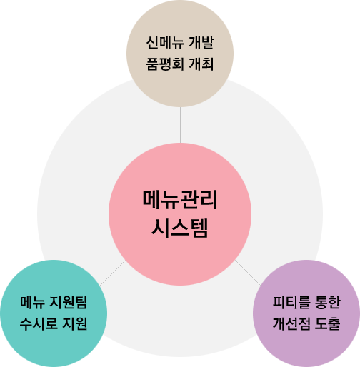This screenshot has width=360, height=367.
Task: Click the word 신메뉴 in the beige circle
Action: (x=165, y=43)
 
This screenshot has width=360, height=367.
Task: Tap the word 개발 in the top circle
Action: (x=201, y=43)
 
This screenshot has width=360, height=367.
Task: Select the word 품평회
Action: (x=165, y=64)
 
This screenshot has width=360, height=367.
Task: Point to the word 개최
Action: (x=201, y=64)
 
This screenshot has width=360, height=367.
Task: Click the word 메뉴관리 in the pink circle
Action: (x=180, y=200)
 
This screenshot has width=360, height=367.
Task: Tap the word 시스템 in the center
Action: (x=180, y=228)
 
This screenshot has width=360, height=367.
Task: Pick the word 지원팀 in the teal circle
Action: (x=69, y=302)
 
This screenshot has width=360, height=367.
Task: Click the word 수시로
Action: (x=39, y=323)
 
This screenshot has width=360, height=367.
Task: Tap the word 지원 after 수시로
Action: (x=75, y=323)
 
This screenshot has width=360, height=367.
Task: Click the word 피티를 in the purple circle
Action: (x=291, y=302)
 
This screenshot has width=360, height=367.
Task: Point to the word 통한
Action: (x=328, y=302)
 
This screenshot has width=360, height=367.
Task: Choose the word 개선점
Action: (x=291, y=323)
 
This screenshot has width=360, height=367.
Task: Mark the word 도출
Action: (x=328, y=323)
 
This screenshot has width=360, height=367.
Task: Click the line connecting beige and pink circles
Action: (x=180, y=125)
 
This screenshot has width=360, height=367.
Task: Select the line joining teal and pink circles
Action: (x=112, y=273)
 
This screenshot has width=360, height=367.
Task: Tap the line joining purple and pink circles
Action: (x=248, y=273)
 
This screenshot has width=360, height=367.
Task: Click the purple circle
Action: (x=306, y=313)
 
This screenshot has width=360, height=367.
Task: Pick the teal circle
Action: (x=54, y=313)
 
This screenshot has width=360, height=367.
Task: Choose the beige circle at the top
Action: (x=180, y=54)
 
